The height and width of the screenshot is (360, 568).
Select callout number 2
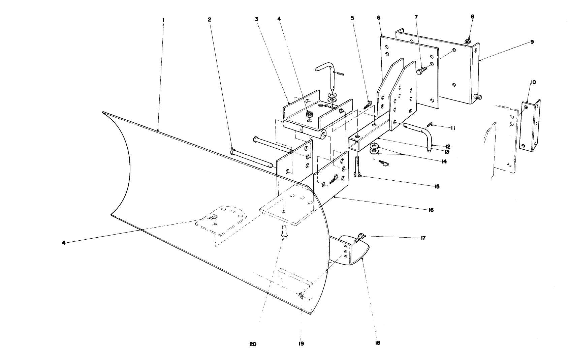210,20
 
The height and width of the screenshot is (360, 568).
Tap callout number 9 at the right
532,42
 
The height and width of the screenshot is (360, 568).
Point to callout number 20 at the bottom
253,344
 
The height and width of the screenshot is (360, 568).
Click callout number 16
431,210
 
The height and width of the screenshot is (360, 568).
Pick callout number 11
453,128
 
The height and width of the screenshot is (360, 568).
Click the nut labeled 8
467,41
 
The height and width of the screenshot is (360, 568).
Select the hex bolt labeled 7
421,71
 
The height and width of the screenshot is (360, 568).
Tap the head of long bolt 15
357,175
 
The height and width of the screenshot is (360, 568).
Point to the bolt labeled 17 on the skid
359,238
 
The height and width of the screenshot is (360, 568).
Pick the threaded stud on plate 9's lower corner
478,97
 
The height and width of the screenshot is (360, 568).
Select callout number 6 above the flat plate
379,18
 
